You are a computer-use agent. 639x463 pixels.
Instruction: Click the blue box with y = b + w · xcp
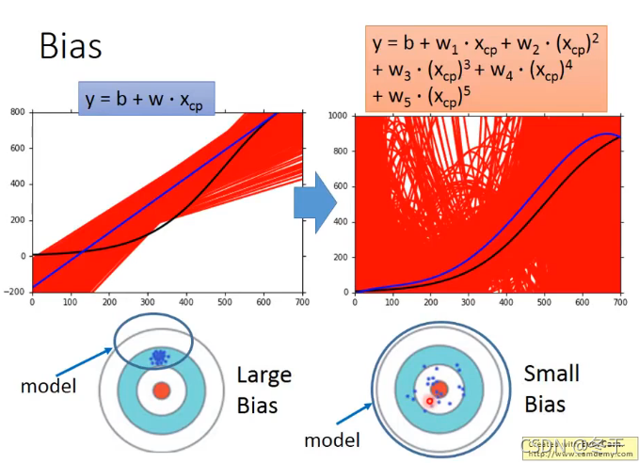[x=147, y=98]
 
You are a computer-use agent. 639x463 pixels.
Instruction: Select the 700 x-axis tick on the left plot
[x=302, y=302]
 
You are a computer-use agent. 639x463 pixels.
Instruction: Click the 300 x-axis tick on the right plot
[x=468, y=302]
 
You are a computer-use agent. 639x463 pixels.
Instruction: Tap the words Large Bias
[x=264, y=390]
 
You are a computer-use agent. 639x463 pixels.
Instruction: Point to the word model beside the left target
[x=47, y=387]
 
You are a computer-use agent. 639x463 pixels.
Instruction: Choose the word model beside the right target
[x=333, y=439]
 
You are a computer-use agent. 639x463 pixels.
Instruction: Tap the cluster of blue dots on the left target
[x=157, y=357]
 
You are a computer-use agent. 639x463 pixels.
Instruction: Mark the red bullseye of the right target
[x=439, y=390]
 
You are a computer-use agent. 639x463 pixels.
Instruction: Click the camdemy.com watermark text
[x=574, y=452]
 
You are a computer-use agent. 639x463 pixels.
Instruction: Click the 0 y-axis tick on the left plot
[x=23, y=256]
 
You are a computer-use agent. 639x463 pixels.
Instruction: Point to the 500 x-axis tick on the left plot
[x=225, y=302]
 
